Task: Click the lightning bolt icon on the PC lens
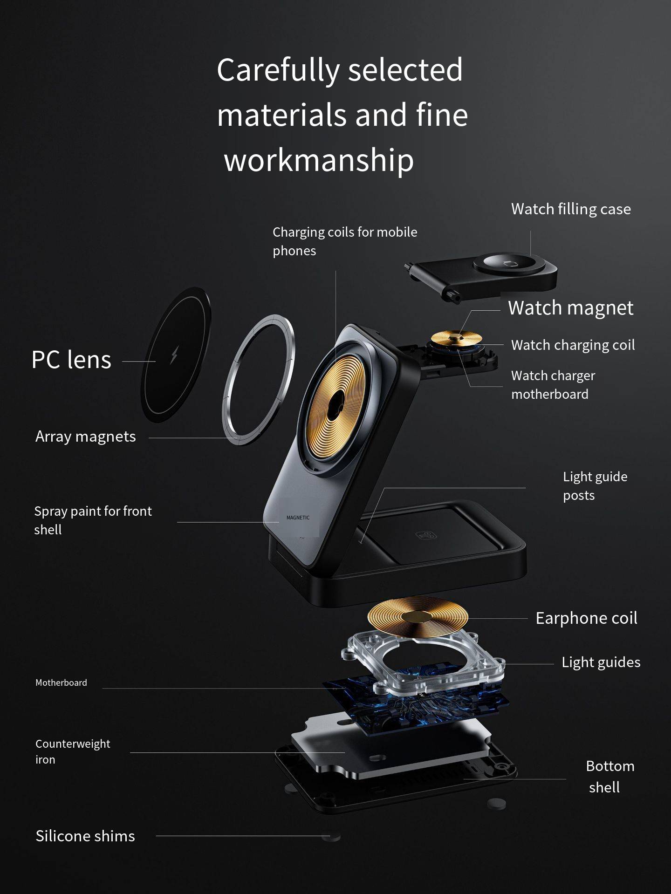(x=174, y=355)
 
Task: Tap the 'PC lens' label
(x=71, y=360)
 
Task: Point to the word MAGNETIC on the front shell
(x=298, y=518)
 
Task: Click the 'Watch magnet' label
(x=570, y=308)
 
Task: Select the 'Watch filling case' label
(x=571, y=209)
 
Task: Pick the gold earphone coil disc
(x=418, y=616)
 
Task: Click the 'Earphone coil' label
(x=586, y=618)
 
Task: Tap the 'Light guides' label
(x=601, y=662)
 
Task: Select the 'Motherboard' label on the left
(x=61, y=682)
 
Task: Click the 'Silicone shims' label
(x=85, y=836)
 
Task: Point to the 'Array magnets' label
(x=86, y=437)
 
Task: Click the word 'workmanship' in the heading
(x=319, y=159)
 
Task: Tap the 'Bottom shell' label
(x=610, y=777)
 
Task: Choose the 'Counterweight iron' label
(x=73, y=751)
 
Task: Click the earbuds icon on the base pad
(x=426, y=536)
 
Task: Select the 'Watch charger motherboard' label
(x=553, y=385)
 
